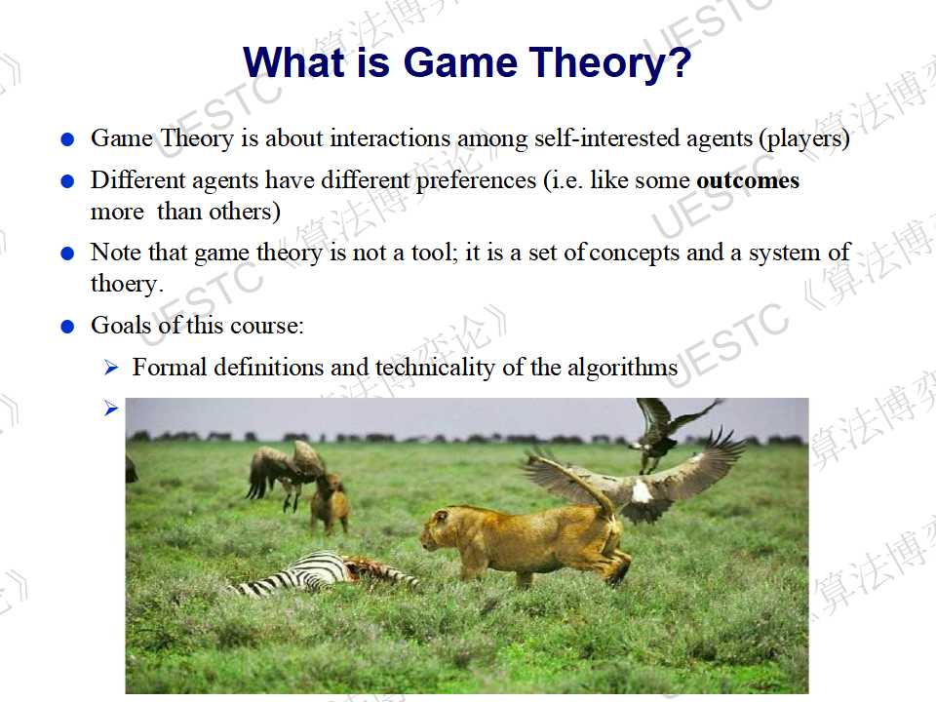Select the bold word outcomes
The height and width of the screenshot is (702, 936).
click(x=748, y=180)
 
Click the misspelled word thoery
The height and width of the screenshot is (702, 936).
click(x=127, y=285)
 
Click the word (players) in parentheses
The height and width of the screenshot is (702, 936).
click(x=804, y=139)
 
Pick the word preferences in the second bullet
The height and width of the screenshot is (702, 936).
click(x=477, y=181)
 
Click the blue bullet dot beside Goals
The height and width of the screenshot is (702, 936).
click(x=67, y=327)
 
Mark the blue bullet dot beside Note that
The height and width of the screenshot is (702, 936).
click(x=67, y=254)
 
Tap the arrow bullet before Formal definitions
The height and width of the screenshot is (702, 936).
click(x=111, y=368)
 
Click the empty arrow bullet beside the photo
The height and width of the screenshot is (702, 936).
click(x=111, y=409)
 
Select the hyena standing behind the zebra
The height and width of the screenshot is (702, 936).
click(x=329, y=504)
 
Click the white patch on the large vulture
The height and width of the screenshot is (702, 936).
click(x=642, y=491)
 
